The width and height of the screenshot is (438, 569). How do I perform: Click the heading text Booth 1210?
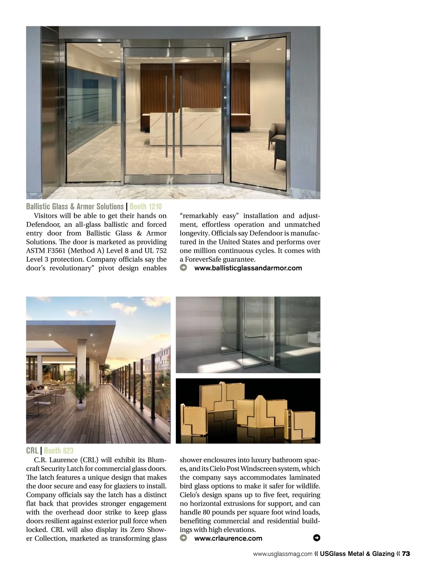[145, 207]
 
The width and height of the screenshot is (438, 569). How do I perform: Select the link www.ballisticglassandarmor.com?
[248, 268]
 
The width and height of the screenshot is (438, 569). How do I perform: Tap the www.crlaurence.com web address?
[228, 538]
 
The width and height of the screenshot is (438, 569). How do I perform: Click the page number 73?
[406, 554]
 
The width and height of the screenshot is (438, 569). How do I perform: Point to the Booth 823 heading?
[59, 451]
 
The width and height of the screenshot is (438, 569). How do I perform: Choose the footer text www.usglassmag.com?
[283, 554]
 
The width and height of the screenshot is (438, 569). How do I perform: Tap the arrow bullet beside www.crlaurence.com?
[184, 538]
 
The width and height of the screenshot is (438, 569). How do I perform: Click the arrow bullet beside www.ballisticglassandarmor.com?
[184, 268]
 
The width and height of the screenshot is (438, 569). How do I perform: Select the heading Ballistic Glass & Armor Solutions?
[75, 207]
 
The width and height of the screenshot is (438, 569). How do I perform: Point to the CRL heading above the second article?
[32, 451]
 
